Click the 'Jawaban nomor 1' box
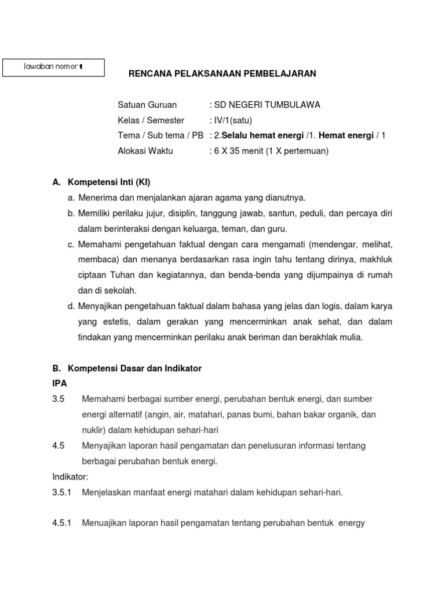53,67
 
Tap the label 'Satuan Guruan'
147,105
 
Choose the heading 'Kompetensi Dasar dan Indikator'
134,368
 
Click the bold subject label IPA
59,383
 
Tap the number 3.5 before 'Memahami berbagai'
58,400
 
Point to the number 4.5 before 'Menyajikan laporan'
58,446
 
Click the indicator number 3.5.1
61,492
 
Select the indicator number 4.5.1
61,523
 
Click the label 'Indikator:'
70,477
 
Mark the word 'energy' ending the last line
352,523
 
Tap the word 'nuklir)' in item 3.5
94,430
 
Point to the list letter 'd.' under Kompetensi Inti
71,306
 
